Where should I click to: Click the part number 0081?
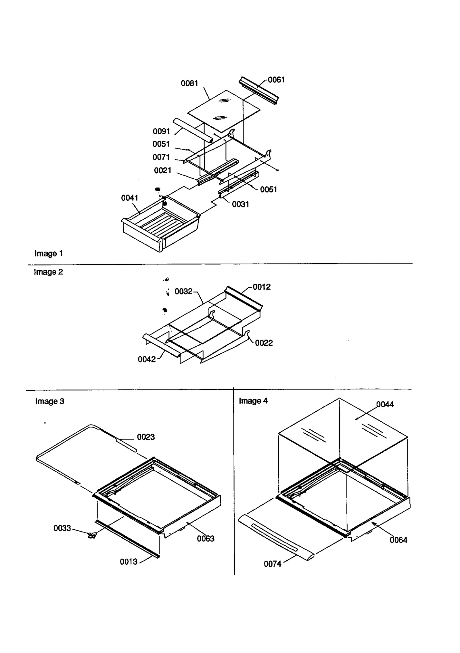(189, 83)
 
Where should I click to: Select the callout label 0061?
(276, 80)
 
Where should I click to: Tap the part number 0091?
(161, 131)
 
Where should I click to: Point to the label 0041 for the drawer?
(130, 198)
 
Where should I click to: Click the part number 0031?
(240, 205)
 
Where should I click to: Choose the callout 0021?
(162, 171)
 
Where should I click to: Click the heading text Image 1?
(48, 254)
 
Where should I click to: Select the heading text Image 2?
(48, 272)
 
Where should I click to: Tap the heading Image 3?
(49, 401)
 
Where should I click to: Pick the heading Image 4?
(253, 401)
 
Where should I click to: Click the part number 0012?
(262, 287)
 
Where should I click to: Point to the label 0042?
(147, 360)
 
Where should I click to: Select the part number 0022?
(264, 343)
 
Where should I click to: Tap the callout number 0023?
(146, 437)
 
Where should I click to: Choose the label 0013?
(129, 562)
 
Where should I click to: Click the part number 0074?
(273, 564)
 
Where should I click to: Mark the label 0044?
(385, 404)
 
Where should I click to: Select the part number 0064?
(398, 540)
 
